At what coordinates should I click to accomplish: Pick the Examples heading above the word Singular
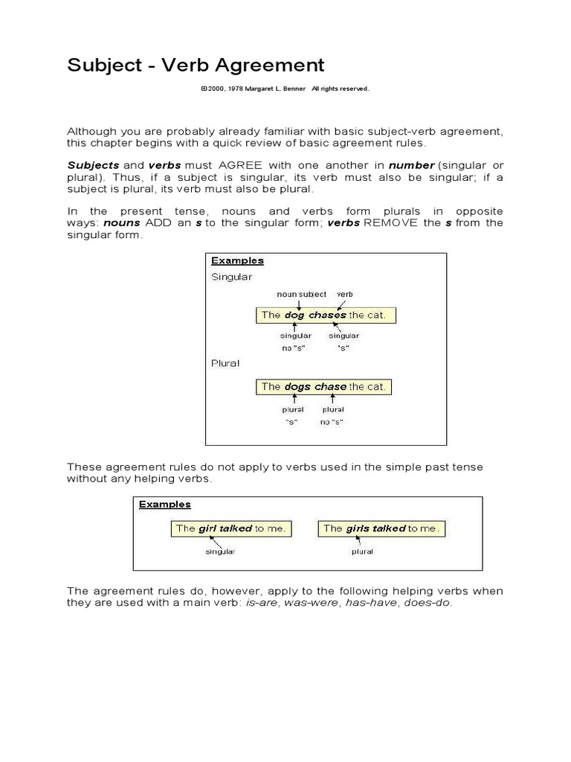point(237,260)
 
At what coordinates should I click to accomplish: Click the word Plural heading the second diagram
point(226,363)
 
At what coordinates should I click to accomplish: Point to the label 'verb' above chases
point(344,294)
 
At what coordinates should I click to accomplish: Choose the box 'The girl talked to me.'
point(230,528)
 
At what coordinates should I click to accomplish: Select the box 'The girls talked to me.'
point(381,528)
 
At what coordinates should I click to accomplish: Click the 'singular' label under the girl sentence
point(220,551)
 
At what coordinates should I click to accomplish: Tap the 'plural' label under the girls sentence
point(362,551)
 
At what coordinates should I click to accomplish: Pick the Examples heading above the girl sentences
point(165,504)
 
